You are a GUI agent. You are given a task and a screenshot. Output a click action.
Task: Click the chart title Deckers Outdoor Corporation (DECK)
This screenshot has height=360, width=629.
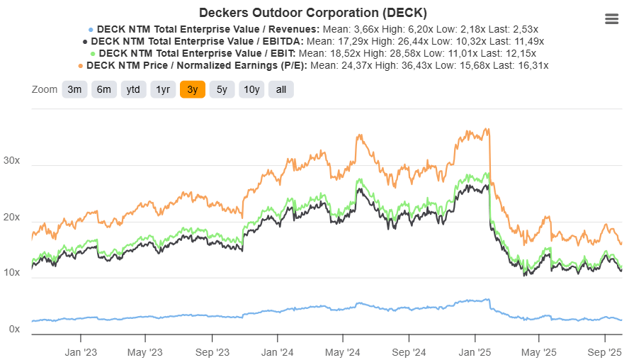pos(313,13)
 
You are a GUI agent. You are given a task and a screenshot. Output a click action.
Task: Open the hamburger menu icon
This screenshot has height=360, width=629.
pos(612,19)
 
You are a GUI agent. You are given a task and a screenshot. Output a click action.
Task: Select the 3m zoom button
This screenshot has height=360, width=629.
pos(74,89)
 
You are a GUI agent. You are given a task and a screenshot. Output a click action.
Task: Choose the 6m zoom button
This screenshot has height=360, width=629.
pos(103,89)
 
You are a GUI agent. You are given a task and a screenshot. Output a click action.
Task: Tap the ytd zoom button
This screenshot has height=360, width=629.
pos(133,89)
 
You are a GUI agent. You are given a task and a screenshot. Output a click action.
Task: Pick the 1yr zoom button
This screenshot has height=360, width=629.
pos(163,89)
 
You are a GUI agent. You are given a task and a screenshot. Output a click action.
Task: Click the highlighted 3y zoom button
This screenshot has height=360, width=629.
pos(193,89)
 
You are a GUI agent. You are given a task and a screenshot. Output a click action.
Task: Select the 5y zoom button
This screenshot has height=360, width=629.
pos(222,89)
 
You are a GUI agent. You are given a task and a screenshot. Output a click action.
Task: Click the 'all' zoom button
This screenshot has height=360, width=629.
pos(281,89)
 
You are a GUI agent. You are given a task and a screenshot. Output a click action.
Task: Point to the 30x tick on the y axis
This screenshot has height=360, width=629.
pos(12,161)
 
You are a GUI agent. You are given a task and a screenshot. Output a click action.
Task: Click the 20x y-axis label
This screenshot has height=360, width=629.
pos(12,218)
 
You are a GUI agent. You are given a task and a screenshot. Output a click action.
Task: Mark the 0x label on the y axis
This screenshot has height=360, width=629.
pos(15,330)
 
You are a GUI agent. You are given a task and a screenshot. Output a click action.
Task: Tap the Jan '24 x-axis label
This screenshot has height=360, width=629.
pos(277,352)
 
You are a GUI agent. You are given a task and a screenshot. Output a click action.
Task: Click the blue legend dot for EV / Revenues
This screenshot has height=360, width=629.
pos(90,30)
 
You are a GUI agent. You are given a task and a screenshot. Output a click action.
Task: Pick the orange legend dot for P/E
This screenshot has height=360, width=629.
pos(80,65)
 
